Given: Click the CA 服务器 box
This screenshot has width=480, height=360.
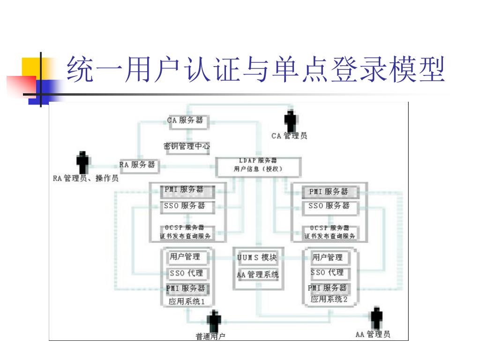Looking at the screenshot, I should click(186, 120).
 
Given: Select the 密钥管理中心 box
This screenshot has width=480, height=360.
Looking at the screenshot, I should click(187, 146).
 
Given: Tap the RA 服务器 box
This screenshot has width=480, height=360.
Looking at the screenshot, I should click(139, 165).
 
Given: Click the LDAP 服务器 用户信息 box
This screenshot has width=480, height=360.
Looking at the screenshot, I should click(258, 165).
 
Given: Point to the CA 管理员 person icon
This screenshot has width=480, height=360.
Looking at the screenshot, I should click(290, 121).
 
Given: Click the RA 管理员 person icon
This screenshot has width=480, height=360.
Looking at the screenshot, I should click(83, 162).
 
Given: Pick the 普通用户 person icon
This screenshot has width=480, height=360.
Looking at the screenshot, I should click(214, 322).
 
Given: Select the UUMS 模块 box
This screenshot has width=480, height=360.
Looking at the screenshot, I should click(257, 257).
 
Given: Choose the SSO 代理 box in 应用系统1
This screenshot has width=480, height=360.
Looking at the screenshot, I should click(186, 273).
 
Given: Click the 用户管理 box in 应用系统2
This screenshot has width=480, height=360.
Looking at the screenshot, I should click(328, 257).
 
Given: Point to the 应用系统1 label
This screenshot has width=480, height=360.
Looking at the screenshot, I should click(187, 301).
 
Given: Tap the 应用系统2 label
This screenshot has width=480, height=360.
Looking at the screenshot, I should click(329, 299).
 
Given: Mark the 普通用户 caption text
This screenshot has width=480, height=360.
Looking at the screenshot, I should click(210, 337).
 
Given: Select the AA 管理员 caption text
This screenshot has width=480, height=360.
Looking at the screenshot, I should click(373, 334).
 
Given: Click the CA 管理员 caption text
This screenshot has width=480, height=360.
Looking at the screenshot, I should click(289, 136).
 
